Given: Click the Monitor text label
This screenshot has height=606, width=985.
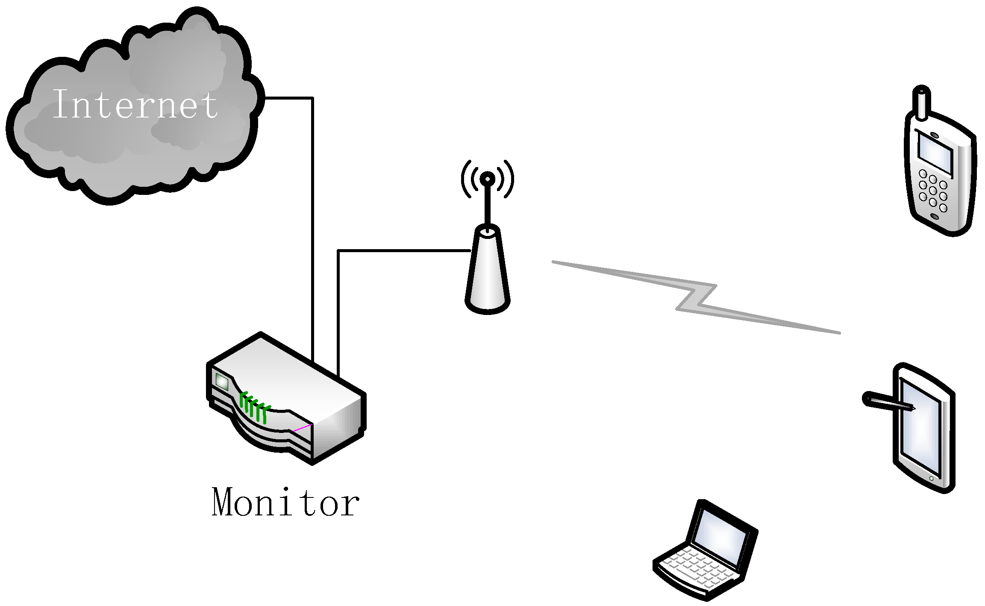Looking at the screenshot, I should (285, 503).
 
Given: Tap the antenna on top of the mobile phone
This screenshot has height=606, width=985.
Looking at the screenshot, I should (921, 103).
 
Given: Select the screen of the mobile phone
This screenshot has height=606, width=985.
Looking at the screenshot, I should (935, 154).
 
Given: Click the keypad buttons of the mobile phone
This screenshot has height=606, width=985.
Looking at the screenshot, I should (933, 191).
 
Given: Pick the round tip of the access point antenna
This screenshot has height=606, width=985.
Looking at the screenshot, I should (487, 179).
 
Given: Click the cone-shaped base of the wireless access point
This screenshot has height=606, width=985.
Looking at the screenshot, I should (488, 274).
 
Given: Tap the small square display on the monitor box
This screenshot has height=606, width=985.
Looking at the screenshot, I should (222, 381).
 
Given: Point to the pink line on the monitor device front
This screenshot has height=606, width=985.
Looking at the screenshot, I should (303, 427).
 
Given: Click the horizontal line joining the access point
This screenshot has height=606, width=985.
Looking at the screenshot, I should (404, 250).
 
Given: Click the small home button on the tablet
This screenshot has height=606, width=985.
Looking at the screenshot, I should (931, 479).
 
